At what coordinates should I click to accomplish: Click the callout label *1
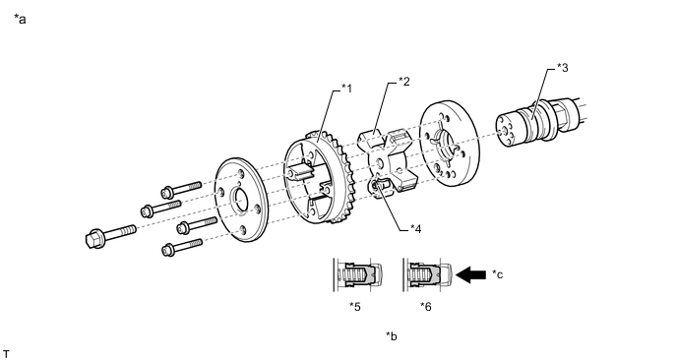346,89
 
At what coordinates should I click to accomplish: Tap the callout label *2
404,82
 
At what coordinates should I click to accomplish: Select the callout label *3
563,67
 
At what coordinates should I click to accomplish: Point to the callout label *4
415,228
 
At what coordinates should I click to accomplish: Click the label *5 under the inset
355,307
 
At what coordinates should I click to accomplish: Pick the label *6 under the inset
426,307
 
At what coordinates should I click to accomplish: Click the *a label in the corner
20,19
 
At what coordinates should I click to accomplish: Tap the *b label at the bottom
392,335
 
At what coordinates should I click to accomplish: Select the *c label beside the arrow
497,274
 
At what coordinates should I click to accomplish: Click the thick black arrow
470,274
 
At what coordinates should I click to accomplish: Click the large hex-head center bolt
111,234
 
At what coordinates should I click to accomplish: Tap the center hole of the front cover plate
240,200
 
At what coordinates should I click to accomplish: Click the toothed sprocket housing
319,178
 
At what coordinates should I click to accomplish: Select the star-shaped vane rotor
388,160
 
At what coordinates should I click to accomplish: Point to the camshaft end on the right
539,121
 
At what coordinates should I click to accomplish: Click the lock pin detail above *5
358,274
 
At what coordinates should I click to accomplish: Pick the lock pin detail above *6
427,274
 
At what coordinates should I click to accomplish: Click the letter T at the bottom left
6,354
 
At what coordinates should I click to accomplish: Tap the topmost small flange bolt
181,189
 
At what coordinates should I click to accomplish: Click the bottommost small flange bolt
182,247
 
